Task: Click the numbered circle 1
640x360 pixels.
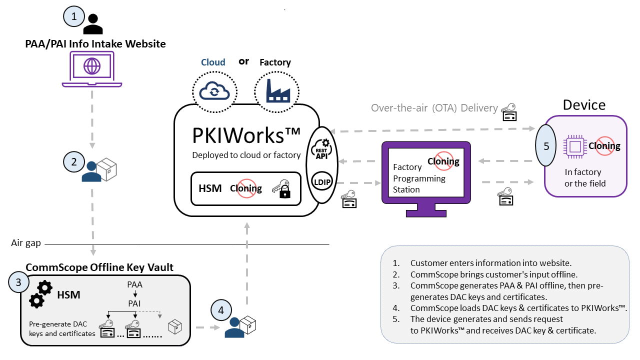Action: point(74,16)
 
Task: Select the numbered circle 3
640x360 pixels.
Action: point(18,282)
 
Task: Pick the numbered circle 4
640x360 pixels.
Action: point(220,310)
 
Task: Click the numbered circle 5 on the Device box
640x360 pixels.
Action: point(546,146)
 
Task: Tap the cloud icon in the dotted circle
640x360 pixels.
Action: point(214,91)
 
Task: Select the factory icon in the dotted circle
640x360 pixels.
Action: point(276,91)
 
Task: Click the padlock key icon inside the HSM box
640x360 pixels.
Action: point(281,189)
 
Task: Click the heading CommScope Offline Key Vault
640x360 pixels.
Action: point(99,267)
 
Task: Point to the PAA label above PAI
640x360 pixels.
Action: point(135,284)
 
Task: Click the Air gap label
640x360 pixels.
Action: point(25,243)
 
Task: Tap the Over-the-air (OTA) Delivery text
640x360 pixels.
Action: point(434,108)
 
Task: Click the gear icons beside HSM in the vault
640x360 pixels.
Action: point(40,293)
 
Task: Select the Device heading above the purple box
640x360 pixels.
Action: point(584,105)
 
